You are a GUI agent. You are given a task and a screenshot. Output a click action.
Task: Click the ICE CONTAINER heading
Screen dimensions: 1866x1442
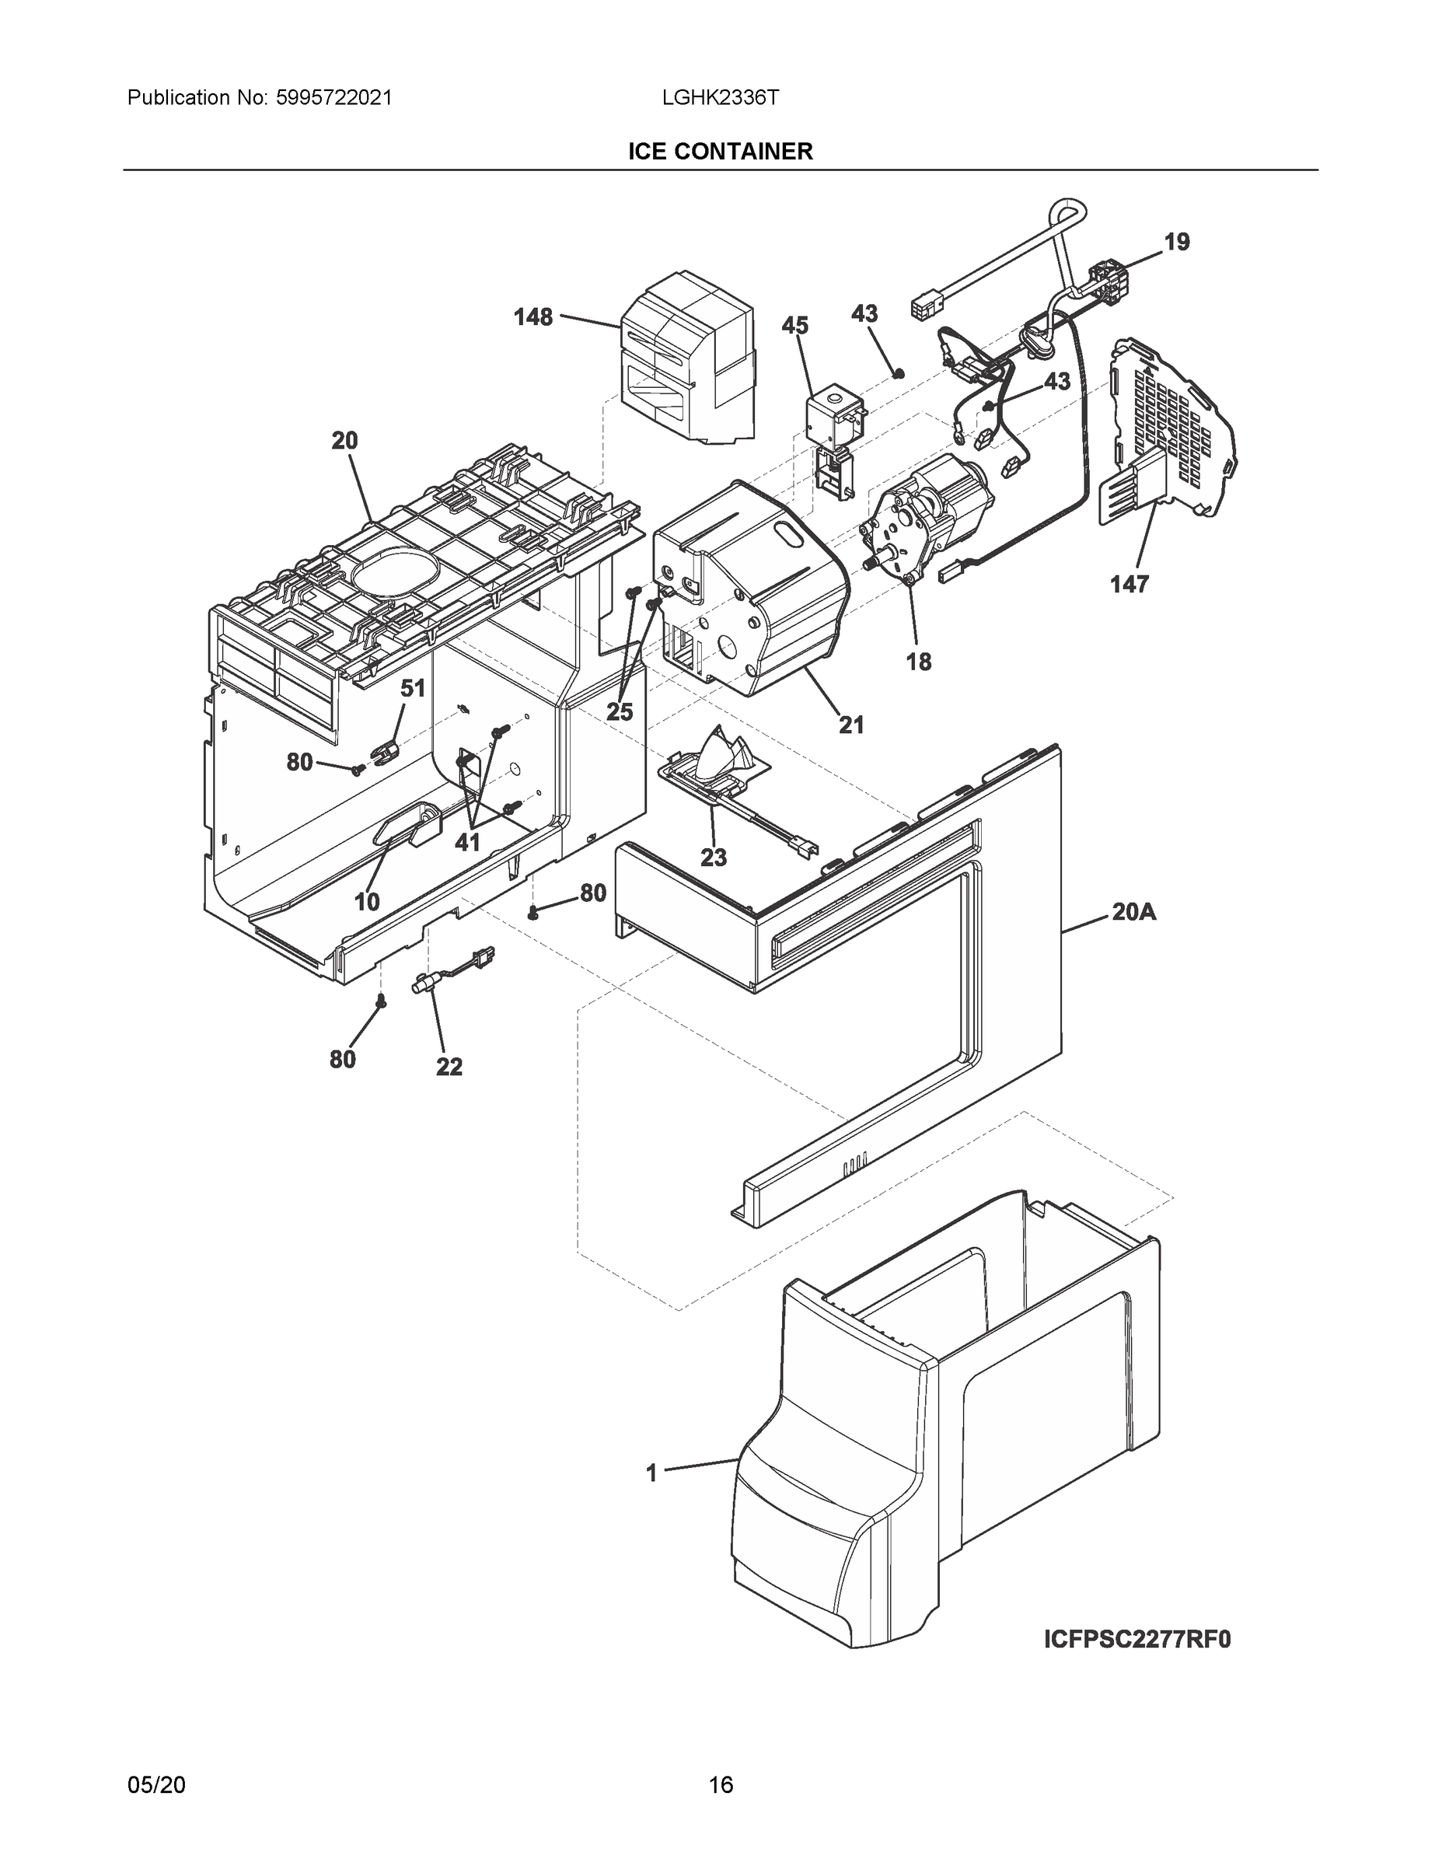(720, 152)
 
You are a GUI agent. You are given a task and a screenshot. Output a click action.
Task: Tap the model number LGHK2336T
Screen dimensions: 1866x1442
(720, 97)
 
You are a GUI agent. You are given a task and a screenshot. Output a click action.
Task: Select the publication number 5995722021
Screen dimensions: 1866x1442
(334, 97)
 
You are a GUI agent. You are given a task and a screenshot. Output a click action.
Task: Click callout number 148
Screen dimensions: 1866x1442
(533, 318)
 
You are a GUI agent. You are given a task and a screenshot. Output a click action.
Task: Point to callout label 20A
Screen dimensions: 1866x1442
(1133, 913)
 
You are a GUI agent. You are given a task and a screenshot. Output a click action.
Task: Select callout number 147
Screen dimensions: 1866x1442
(1130, 585)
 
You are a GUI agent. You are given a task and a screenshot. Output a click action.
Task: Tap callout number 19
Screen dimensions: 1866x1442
(1176, 243)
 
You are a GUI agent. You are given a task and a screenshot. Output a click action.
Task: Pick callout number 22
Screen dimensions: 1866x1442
(449, 1066)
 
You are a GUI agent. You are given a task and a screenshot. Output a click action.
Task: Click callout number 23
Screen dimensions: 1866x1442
(714, 857)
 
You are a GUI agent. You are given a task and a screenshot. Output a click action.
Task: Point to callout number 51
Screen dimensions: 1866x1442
(413, 688)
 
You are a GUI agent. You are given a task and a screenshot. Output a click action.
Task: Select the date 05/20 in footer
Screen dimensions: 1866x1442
(156, 1785)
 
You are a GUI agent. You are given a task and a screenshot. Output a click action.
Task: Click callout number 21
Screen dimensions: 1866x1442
(851, 725)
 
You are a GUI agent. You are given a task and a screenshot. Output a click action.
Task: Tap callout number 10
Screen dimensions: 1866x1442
(368, 901)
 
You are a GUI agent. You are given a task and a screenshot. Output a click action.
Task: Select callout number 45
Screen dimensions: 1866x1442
(794, 326)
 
